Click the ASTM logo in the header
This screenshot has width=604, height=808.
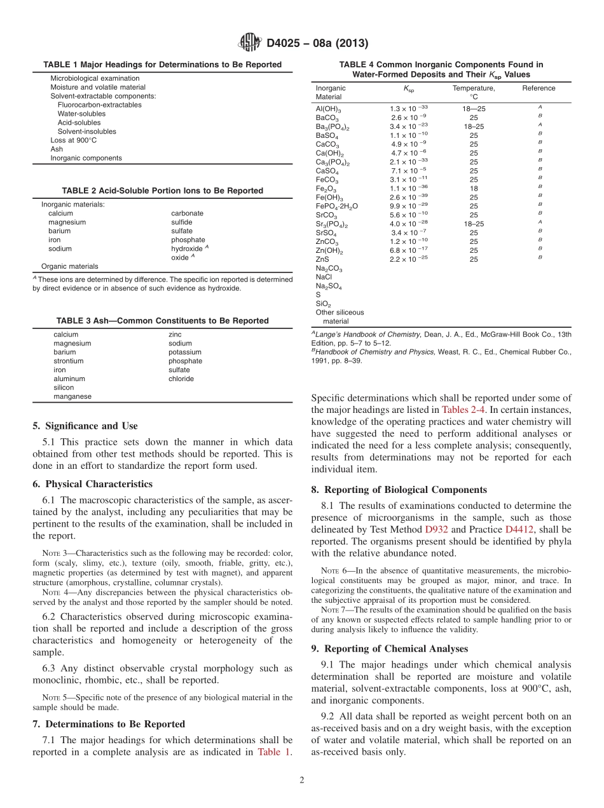tap(249, 43)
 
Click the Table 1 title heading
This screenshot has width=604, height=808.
tap(162, 65)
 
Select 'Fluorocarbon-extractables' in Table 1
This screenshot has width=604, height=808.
tap(99, 105)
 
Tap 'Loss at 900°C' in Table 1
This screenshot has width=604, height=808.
tap(74, 140)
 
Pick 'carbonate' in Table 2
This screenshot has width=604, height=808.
tap(187, 213)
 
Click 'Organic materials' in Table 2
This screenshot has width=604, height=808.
tap(70, 266)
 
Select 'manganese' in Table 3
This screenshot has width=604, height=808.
tap(72, 396)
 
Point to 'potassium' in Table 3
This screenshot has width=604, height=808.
tap(184, 352)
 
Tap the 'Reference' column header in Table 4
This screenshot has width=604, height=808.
tap(539, 88)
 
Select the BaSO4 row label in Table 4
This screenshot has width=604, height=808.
tap(327, 135)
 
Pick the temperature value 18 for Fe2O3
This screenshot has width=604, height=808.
tap(474, 189)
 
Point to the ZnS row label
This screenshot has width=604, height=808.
tap(322, 259)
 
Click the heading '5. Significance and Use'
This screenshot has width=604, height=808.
tap(85, 426)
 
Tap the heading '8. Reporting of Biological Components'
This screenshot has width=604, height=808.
tap(399, 490)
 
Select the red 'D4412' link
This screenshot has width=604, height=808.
tap(519, 529)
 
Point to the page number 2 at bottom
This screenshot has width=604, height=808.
tap(302, 780)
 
